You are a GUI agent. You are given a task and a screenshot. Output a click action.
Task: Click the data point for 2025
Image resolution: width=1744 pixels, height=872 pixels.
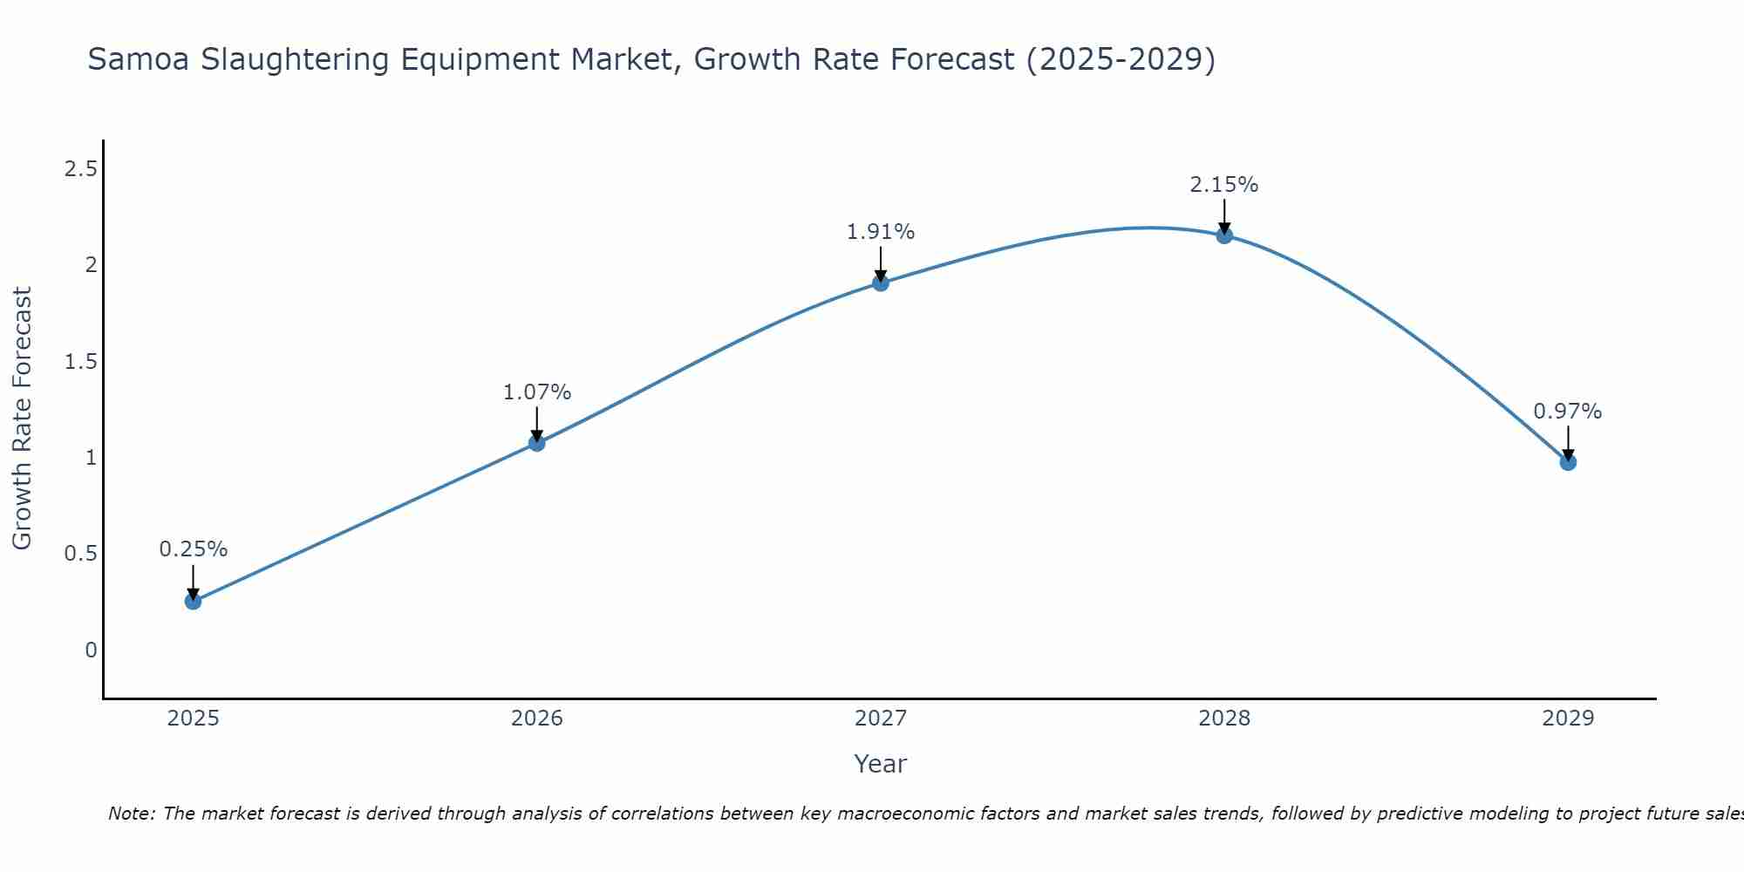tap(193, 601)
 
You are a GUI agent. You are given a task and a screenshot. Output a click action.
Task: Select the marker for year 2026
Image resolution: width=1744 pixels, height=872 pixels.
tap(536, 443)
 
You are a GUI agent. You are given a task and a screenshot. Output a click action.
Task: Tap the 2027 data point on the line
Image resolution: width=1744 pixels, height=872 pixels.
tap(880, 283)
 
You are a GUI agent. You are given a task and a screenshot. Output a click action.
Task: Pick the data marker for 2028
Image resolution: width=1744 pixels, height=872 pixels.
tap(1224, 235)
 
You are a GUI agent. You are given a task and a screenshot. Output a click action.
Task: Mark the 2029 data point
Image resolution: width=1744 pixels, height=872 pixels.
tap(1568, 462)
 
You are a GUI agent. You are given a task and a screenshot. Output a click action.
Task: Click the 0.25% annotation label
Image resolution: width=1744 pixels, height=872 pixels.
tap(193, 549)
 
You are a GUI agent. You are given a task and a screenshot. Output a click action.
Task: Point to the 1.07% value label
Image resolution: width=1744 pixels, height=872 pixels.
tap(536, 392)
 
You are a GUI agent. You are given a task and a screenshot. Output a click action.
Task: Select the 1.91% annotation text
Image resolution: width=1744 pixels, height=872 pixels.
tap(880, 232)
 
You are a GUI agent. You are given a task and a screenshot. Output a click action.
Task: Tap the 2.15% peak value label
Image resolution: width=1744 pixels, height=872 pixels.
tap(1224, 185)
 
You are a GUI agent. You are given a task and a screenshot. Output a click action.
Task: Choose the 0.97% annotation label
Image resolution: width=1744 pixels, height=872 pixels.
tap(1568, 412)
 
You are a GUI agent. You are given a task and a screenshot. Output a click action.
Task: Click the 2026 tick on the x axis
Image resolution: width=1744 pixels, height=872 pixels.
tap(536, 719)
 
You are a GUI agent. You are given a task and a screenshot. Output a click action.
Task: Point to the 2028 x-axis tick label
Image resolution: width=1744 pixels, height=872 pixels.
tap(1224, 719)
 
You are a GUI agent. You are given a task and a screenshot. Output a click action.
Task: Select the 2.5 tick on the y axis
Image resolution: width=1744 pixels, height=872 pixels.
tap(80, 169)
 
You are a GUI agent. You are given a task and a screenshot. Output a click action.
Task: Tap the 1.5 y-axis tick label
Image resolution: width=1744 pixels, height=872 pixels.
tap(80, 362)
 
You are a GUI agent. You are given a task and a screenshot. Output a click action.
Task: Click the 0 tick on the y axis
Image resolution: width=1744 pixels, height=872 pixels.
tap(91, 651)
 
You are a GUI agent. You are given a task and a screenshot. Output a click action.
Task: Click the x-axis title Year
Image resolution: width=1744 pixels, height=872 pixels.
tap(880, 764)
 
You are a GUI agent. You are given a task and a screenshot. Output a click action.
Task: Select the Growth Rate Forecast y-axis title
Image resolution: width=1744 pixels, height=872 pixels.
tap(22, 419)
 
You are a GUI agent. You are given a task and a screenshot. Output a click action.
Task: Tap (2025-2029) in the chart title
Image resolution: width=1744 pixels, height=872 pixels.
tap(1121, 59)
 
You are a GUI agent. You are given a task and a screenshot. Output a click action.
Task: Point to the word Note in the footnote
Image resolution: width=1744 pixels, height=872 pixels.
tap(131, 814)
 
